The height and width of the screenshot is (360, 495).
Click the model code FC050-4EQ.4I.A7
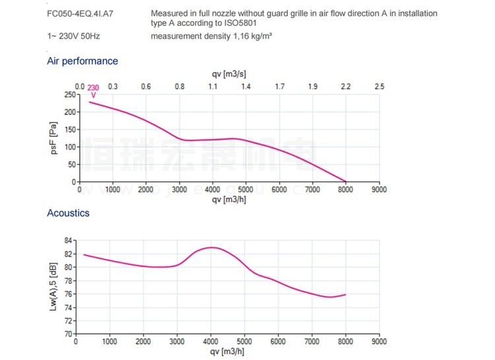(x=76, y=14)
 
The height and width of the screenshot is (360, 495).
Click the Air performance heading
(x=82, y=61)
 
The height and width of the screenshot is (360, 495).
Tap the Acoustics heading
(x=68, y=213)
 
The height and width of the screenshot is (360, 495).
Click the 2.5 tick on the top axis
(x=379, y=86)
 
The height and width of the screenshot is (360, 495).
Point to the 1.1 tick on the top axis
(x=213, y=86)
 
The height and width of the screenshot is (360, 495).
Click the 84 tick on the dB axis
(x=69, y=241)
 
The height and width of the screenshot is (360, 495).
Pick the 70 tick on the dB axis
(x=69, y=334)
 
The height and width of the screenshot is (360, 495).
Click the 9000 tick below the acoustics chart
(x=379, y=342)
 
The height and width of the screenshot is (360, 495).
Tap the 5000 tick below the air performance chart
(x=246, y=189)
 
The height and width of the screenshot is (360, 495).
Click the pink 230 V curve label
(x=93, y=90)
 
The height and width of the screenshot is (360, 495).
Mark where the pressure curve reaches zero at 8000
(x=345, y=181)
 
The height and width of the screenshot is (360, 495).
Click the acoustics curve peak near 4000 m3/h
(x=211, y=247)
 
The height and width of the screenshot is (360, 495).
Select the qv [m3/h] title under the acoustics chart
(x=228, y=352)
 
